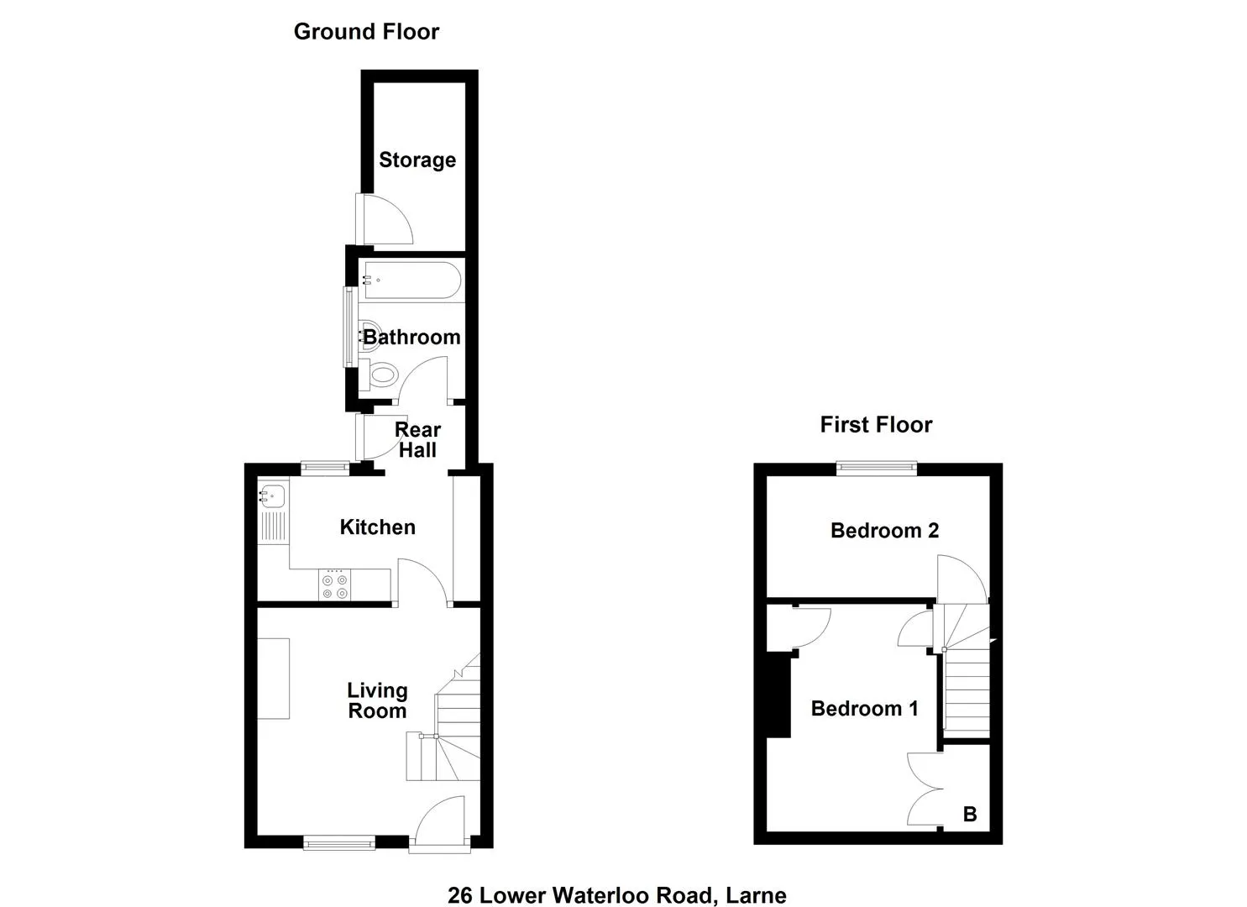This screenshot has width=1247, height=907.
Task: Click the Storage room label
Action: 417,160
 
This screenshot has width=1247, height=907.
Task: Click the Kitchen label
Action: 377,527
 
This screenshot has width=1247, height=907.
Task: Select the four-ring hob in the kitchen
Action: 334,586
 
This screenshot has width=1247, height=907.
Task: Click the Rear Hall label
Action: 417,440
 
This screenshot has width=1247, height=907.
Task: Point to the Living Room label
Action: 377,700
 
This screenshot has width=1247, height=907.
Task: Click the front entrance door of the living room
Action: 440,820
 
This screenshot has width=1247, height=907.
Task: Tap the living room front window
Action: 339,842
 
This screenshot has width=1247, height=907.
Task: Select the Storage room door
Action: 382,220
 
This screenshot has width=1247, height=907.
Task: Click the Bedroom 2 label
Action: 884,531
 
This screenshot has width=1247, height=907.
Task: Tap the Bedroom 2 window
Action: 877,468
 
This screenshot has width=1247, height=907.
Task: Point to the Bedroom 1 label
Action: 864,709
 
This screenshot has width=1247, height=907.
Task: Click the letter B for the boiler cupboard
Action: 970,814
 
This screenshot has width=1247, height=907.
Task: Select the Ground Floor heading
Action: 366,32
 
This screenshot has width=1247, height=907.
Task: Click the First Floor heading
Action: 876,425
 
